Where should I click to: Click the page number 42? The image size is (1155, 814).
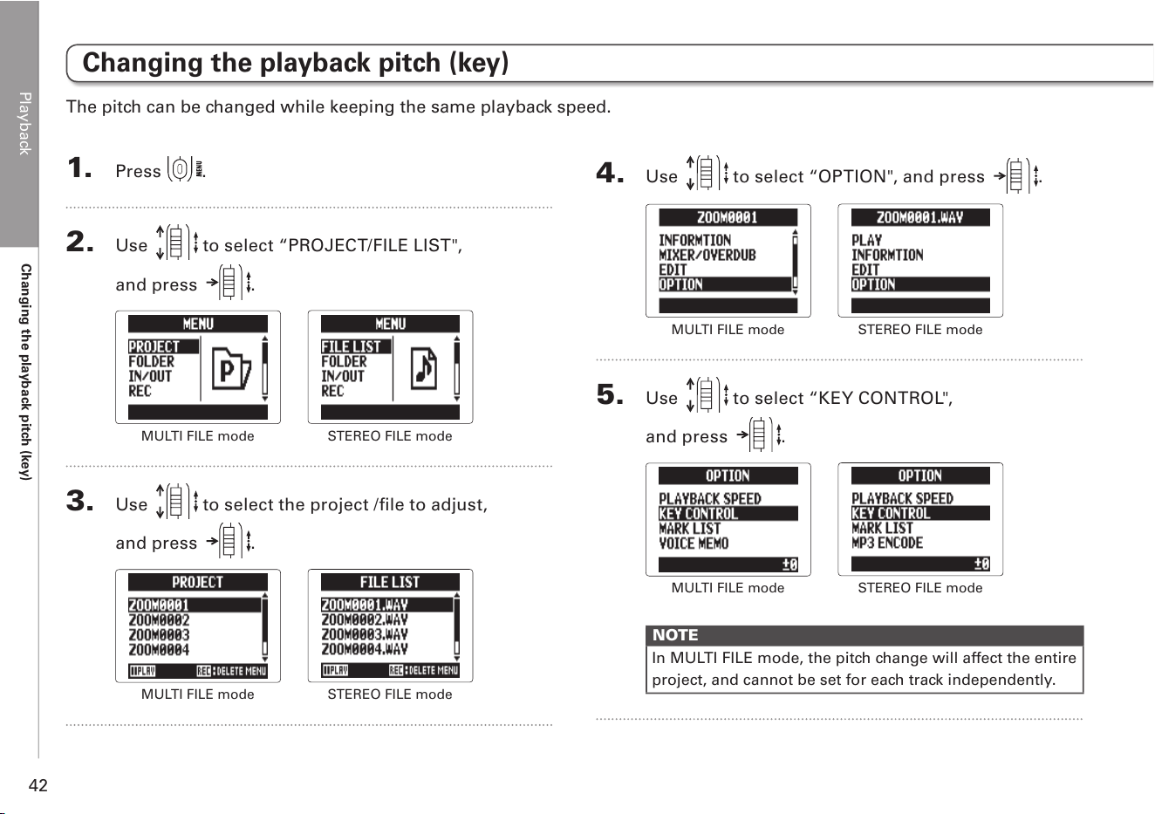[38, 785]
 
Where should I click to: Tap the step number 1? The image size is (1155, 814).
[79, 168]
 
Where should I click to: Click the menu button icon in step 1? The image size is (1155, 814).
[180, 169]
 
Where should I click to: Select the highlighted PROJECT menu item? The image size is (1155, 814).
[163, 346]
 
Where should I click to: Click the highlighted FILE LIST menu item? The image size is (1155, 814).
[356, 346]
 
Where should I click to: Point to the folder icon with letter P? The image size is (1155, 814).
[231, 369]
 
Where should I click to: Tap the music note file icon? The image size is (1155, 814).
[424, 368]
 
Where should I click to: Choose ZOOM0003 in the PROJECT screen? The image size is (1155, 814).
[159, 635]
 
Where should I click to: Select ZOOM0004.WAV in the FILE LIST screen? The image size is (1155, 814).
[365, 649]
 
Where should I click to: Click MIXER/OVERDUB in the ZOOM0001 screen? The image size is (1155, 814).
[707, 256]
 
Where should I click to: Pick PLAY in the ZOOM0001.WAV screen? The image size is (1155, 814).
[866, 241]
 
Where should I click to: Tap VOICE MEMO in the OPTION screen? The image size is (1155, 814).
[694, 544]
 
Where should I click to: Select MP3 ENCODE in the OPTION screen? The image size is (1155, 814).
[887, 543]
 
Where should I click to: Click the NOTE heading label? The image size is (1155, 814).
[675, 635]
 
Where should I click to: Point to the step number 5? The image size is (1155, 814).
[610, 394]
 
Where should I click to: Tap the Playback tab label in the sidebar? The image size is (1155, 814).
[24, 124]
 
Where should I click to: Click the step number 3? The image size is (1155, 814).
[80, 501]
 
